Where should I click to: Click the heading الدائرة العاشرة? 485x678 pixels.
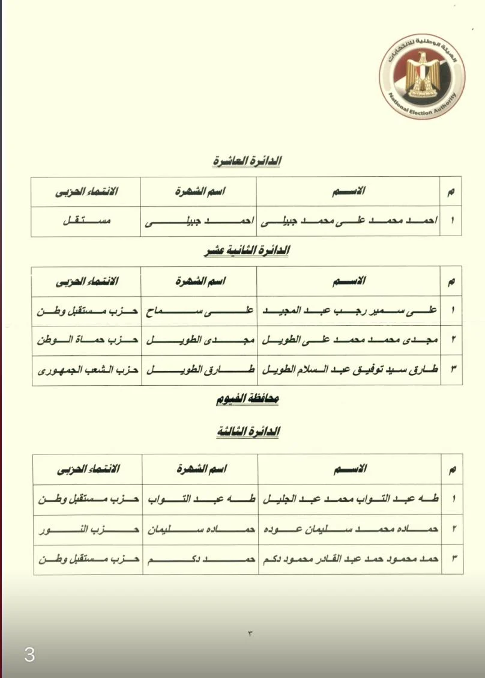click(x=247, y=161)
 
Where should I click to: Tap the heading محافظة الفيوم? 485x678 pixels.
click(x=247, y=400)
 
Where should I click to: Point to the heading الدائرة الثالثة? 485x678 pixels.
click(x=247, y=432)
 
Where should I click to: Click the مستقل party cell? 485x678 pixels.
click(x=86, y=221)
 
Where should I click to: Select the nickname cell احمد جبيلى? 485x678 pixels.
click(x=199, y=221)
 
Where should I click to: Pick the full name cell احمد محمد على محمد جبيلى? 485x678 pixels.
click(x=348, y=221)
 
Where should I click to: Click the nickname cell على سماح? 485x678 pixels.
click(x=199, y=311)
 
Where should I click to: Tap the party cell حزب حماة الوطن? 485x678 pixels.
click(x=87, y=340)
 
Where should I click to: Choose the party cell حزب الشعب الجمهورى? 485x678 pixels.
click(x=87, y=370)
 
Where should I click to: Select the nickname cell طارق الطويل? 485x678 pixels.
click(x=199, y=370)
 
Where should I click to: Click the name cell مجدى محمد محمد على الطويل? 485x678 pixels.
click(x=348, y=340)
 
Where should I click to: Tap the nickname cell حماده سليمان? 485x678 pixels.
click(x=200, y=530)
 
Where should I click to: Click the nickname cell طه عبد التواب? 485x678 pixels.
click(x=200, y=499)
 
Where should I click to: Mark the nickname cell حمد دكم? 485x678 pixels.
click(x=200, y=559)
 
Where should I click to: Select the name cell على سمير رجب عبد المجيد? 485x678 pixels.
click(x=348, y=311)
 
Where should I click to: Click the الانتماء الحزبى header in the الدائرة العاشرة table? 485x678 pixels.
click(x=86, y=192)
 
